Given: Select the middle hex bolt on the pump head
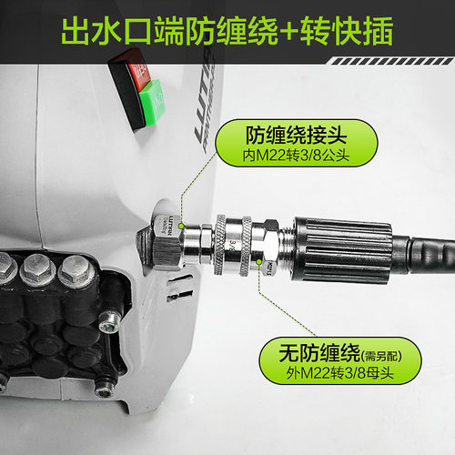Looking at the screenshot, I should pos(38,268).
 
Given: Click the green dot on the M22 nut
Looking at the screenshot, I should pos(260,270).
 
